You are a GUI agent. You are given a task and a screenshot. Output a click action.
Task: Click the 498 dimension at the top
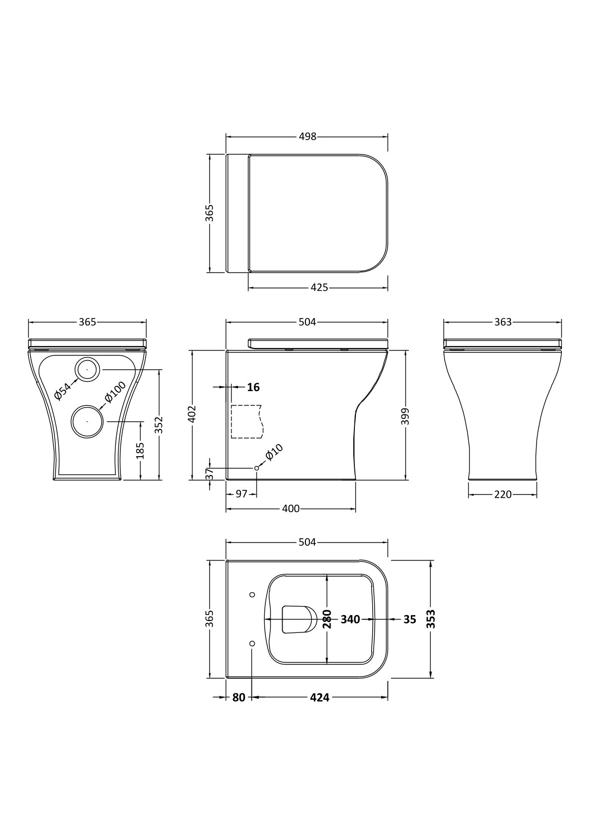307,137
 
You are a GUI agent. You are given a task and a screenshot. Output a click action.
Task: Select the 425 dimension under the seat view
319,287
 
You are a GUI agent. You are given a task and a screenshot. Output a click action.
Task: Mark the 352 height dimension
159,425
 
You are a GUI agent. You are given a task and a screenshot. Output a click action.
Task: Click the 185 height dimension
140,451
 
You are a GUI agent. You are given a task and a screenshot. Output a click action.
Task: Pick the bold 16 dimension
253,387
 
